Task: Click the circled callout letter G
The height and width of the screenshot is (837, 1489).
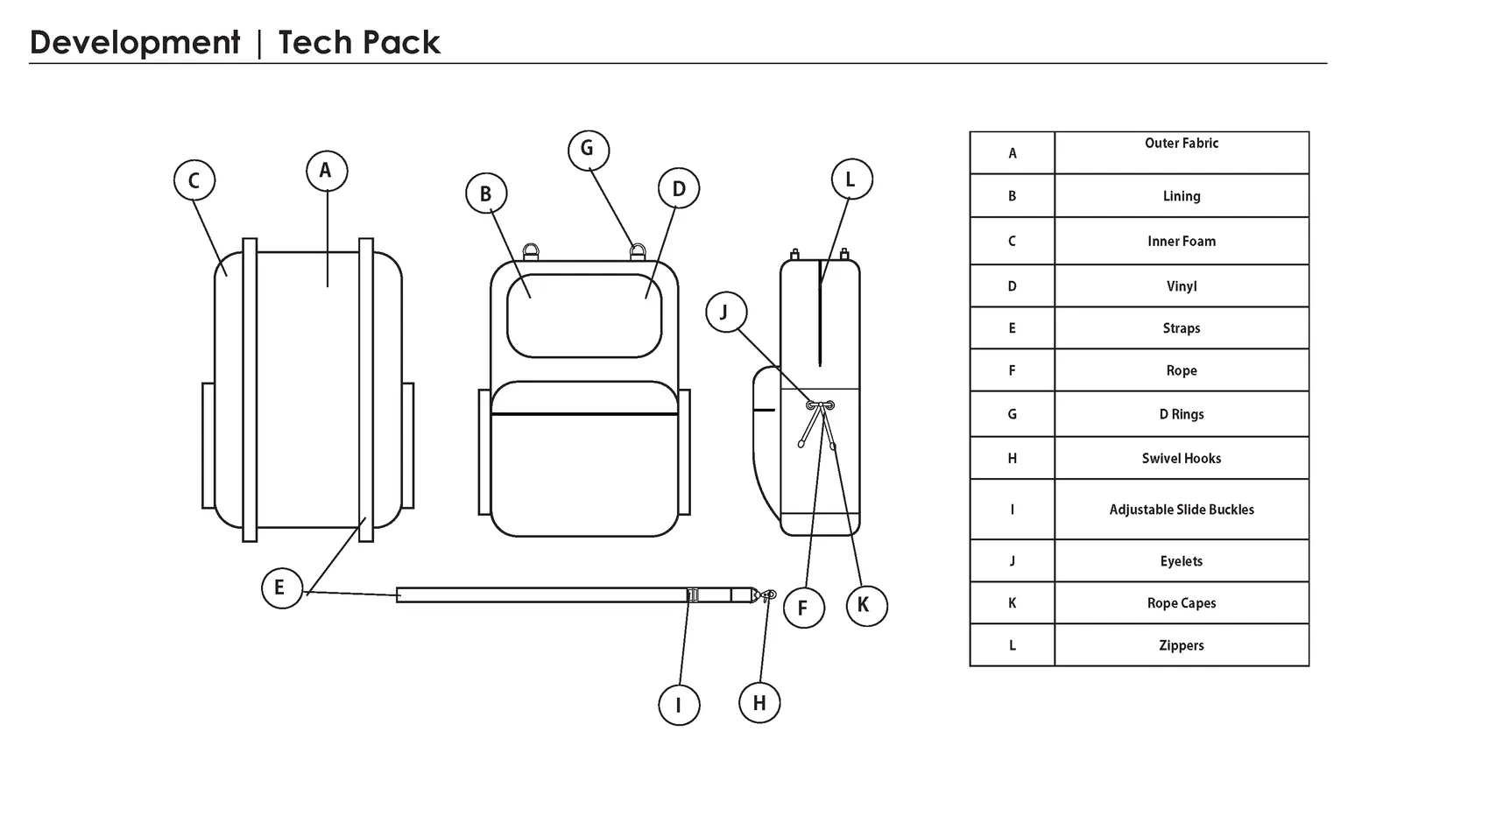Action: (x=589, y=150)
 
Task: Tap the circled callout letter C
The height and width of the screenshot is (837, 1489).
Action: (x=194, y=180)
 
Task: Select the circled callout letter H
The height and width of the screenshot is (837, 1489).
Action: (x=759, y=702)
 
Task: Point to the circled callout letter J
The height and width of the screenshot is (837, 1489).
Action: (x=726, y=312)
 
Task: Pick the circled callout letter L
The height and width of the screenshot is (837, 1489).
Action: (x=851, y=179)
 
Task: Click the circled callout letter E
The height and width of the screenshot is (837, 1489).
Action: (x=282, y=587)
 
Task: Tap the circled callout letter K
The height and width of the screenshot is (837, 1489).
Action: (x=866, y=605)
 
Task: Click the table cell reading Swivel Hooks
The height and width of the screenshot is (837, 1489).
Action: (x=1182, y=458)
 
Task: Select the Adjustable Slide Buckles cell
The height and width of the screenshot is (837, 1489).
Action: (x=1182, y=509)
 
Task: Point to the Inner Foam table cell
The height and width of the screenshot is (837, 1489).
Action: (x=1182, y=241)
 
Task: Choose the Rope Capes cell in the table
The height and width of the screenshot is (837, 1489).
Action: (x=1182, y=602)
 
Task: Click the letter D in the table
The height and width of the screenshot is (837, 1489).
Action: (x=1012, y=286)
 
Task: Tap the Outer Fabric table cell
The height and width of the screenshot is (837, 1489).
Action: (x=1182, y=153)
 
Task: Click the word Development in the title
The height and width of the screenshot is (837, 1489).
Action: (x=135, y=43)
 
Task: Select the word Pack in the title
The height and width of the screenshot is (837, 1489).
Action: (x=401, y=42)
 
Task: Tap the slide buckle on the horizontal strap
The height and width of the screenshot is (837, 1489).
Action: (x=693, y=594)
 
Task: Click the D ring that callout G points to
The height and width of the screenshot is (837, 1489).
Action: (x=637, y=252)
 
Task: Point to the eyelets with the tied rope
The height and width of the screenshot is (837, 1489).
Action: (x=821, y=405)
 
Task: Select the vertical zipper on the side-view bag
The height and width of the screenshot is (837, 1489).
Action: (x=821, y=313)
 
